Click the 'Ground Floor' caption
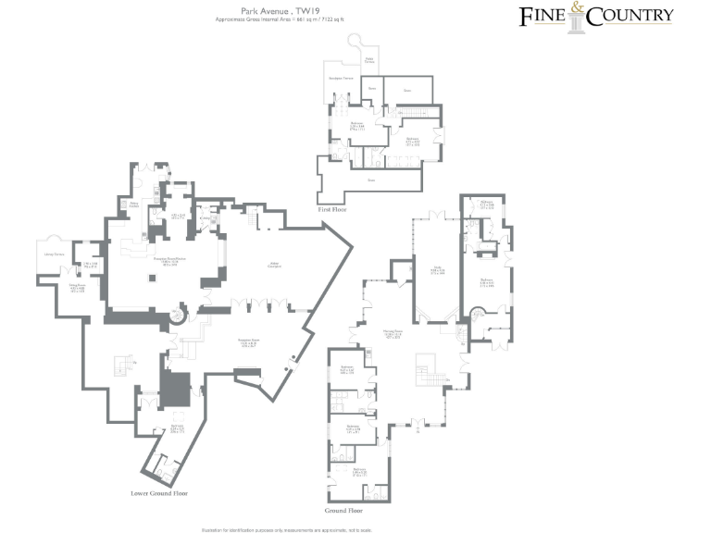(x=343, y=511)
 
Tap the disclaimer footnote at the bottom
(x=285, y=529)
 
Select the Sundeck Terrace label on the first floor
(x=342, y=79)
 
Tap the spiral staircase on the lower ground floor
(x=178, y=317)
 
